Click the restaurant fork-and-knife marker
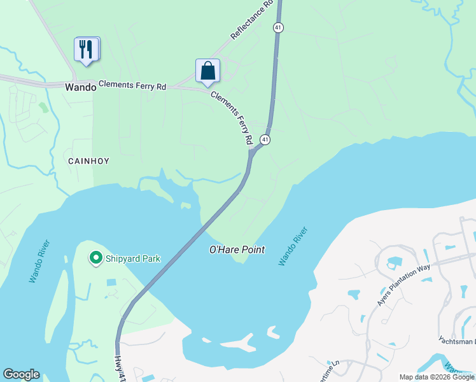point(87,49)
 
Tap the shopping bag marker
point(207,71)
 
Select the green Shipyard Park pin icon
point(96,258)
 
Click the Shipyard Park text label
point(134,258)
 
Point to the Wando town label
point(81,87)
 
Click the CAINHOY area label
point(89,161)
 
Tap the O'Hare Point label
point(237,250)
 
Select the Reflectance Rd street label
point(252,20)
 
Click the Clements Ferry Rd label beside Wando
point(132,85)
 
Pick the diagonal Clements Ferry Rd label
point(232,117)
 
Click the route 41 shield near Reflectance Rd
point(278,27)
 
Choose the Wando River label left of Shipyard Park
point(38,261)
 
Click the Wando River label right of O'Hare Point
point(293,246)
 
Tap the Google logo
point(21,374)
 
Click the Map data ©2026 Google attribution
point(437,377)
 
